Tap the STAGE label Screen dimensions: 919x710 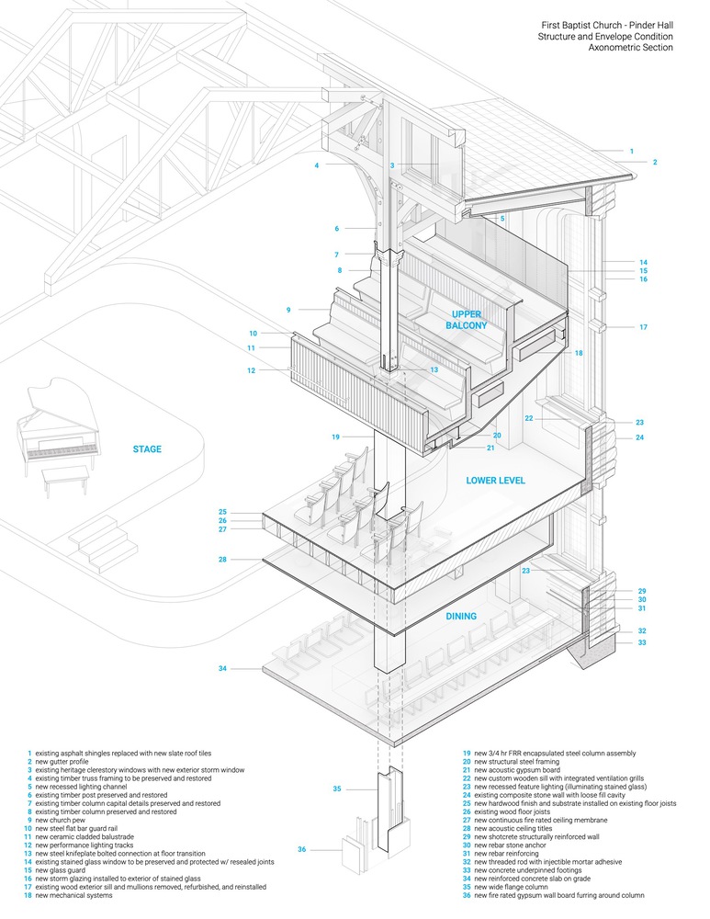[x=147, y=449]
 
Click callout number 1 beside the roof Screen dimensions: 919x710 [x=631, y=150]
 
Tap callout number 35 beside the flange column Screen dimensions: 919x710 [x=337, y=789]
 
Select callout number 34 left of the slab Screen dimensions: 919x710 [x=222, y=668]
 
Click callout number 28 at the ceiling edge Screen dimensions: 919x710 [x=222, y=560]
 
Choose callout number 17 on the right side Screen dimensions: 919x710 [x=643, y=327]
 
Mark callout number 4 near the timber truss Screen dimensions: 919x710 [x=316, y=166]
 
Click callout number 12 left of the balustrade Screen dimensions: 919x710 [x=252, y=370]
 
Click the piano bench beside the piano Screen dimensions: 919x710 [x=65, y=474]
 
